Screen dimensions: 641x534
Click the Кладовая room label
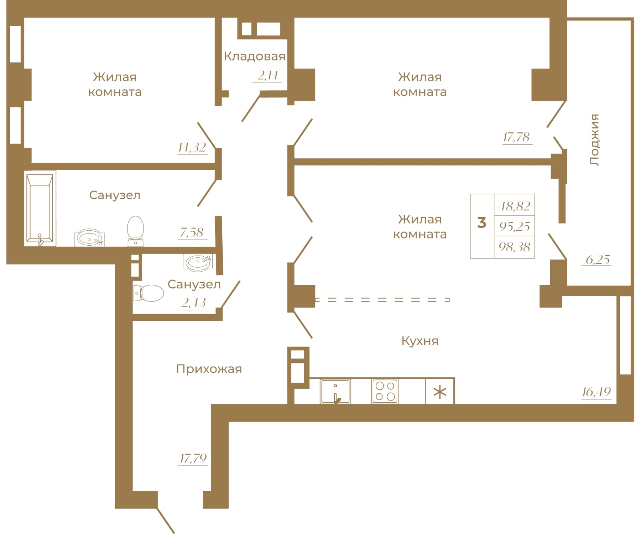point(255,56)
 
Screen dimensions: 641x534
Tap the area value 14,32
point(192,147)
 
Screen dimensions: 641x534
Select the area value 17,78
point(517,137)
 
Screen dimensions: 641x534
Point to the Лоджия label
point(594,140)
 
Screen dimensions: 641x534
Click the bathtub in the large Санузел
point(40,208)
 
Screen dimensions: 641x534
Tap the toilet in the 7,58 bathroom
point(136,231)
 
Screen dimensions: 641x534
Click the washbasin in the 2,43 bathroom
point(198,262)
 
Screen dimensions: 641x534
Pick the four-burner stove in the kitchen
point(385,391)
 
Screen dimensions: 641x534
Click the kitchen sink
point(335,391)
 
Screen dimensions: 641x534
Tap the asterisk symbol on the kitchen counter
point(440,393)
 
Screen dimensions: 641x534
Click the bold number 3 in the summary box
point(482,223)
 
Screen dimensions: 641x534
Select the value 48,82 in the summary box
point(515,206)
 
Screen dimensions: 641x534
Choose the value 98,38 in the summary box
point(515,246)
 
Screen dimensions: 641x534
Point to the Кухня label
point(420,341)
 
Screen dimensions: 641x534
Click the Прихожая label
point(209,369)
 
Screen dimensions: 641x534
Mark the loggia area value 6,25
point(598,260)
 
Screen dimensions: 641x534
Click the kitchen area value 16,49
point(596,392)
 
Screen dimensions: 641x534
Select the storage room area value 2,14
point(267,75)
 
